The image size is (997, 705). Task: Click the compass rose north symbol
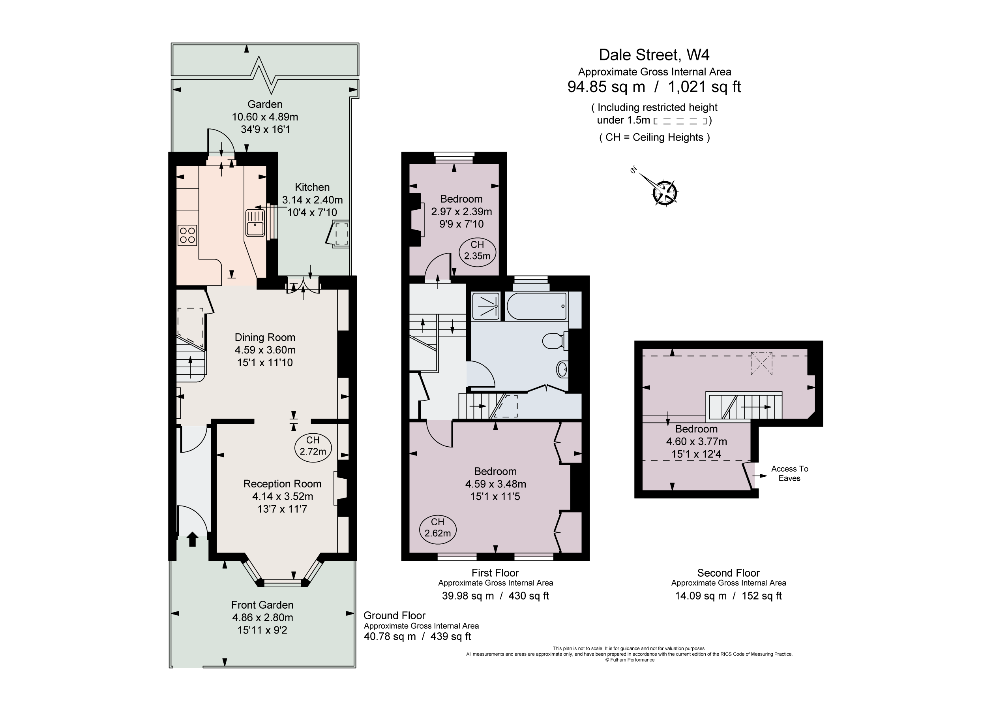pyautogui.click(x=664, y=192)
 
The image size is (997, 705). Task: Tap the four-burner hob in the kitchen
pyautogui.click(x=187, y=235)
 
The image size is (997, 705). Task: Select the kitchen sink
pyautogui.click(x=255, y=223)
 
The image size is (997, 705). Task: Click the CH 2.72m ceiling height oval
pyautogui.click(x=313, y=446)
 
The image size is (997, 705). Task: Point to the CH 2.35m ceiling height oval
pyautogui.click(x=477, y=251)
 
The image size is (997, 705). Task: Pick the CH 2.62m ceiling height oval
pyautogui.click(x=437, y=528)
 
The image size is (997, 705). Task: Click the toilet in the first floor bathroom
pyautogui.click(x=555, y=341)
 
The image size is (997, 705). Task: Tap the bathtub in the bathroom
pyautogui.click(x=537, y=306)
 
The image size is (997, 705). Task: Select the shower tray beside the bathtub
pyautogui.click(x=485, y=306)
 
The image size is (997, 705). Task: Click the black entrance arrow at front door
pyautogui.click(x=192, y=540)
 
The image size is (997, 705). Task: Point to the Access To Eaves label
pyautogui.click(x=789, y=473)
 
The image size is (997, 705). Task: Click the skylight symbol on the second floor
pyautogui.click(x=762, y=363)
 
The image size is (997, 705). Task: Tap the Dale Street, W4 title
pyautogui.click(x=654, y=55)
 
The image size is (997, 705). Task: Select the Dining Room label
pyautogui.click(x=265, y=337)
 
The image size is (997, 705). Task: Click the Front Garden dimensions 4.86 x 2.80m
pyautogui.click(x=262, y=617)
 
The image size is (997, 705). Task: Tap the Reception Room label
pyautogui.click(x=282, y=484)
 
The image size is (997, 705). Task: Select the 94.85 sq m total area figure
pyautogui.click(x=606, y=87)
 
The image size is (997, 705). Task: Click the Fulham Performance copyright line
pyautogui.click(x=629, y=660)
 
